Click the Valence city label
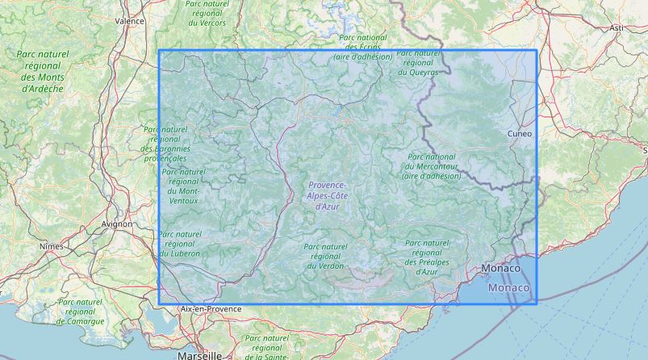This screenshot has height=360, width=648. tap(129, 21)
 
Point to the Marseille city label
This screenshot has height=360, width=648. tap(199, 354)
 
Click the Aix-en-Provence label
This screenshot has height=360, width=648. tap(211, 308)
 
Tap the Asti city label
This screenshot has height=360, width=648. tap(617, 27)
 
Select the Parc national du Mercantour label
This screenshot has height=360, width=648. tap(432, 165)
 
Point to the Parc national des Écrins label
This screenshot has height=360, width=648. tap(363, 47)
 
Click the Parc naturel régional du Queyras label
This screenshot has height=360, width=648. tap(419, 62)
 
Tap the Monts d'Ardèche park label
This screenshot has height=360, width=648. tap(43, 71)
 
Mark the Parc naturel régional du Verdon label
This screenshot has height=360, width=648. tap(324, 256)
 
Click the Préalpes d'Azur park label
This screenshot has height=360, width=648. tap(427, 257)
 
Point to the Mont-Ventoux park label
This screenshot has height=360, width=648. tap(183, 186)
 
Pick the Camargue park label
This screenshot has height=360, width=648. tap(81, 311)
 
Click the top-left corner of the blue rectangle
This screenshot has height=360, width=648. tap(159, 51)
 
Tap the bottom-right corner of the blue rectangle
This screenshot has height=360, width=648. tap(537, 303)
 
